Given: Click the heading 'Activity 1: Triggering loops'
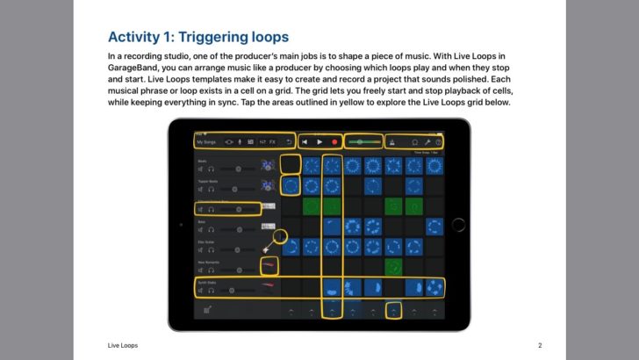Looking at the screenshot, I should [x=197, y=37].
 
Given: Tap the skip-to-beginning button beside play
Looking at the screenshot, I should [x=304, y=141].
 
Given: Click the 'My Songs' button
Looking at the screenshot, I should [x=205, y=141].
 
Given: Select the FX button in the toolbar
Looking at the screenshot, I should [x=272, y=141].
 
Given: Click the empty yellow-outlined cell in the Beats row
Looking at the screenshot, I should [x=291, y=163].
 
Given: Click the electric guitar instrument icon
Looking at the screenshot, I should [x=267, y=248].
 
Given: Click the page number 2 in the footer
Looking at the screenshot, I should [x=540, y=345].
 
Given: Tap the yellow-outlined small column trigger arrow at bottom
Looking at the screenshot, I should [x=395, y=309].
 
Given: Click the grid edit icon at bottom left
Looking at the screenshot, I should [x=207, y=309].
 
